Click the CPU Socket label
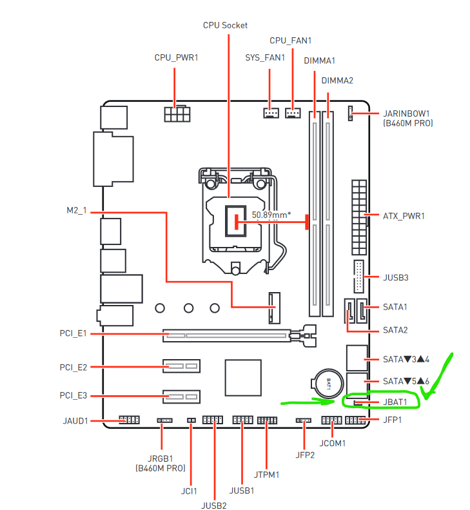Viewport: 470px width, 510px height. coord(225,25)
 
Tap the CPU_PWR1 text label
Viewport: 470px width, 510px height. coord(176,57)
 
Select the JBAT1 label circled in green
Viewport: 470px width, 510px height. coord(395,402)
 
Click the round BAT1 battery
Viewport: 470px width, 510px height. coord(328,384)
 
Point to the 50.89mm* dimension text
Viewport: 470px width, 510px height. coord(271,215)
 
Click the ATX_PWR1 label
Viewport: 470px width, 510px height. coord(404,216)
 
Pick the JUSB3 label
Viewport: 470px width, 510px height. coord(395,277)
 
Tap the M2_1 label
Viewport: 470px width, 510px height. coord(77,211)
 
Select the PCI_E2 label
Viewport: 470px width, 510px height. coord(73,368)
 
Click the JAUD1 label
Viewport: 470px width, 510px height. coord(75,421)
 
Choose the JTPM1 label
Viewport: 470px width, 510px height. coord(266,475)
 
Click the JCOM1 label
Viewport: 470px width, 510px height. coord(333,444)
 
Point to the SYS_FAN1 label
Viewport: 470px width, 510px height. coord(265,57)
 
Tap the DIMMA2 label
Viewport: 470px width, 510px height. coord(337,81)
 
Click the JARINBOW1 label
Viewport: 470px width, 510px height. coord(406,113)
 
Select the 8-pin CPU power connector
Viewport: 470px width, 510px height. coord(177,113)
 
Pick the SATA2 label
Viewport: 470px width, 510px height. coord(395,330)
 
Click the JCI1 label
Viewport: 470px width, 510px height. coord(189,491)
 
